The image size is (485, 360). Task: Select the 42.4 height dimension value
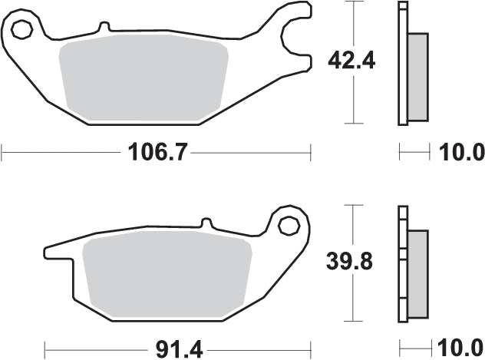tap(351, 61)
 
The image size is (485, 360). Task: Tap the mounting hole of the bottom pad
tap(289, 225)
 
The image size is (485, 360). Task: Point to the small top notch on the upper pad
tap(102, 28)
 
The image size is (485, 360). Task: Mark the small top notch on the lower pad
tap(205, 223)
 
